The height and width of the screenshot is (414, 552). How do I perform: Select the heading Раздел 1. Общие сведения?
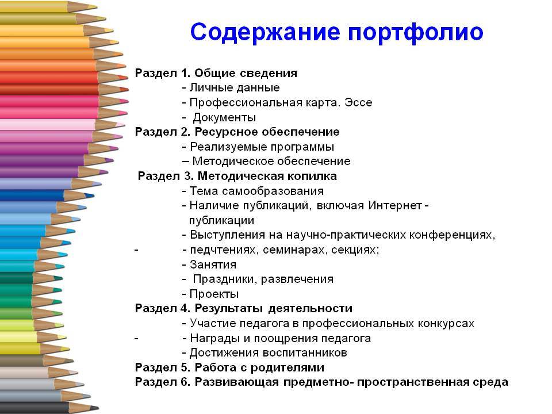tap(216, 73)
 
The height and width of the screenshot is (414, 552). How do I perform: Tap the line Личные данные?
tap(235, 87)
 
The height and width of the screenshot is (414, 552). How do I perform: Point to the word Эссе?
tap(358, 102)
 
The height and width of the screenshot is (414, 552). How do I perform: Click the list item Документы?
tap(224, 117)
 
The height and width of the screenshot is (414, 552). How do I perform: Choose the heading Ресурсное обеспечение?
tap(267, 132)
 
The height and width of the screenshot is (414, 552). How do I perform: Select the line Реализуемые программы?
tap(262, 147)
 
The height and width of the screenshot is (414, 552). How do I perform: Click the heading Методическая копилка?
tap(267, 176)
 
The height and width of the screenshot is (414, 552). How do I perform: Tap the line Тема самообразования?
tap(256, 191)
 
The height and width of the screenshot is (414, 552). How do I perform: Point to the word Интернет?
tap(395, 205)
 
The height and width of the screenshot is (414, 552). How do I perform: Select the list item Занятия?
tap(213, 264)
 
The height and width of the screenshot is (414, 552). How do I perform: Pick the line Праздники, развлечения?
tap(263, 279)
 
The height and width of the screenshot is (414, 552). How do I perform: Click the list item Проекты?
tap(214, 294)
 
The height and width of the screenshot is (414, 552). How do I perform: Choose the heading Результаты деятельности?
tap(274, 308)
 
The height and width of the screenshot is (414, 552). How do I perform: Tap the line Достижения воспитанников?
tap(269, 352)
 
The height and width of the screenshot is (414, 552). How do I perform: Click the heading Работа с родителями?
tap(259, 367)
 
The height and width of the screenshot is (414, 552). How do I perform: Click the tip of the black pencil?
tap(98, 408)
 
